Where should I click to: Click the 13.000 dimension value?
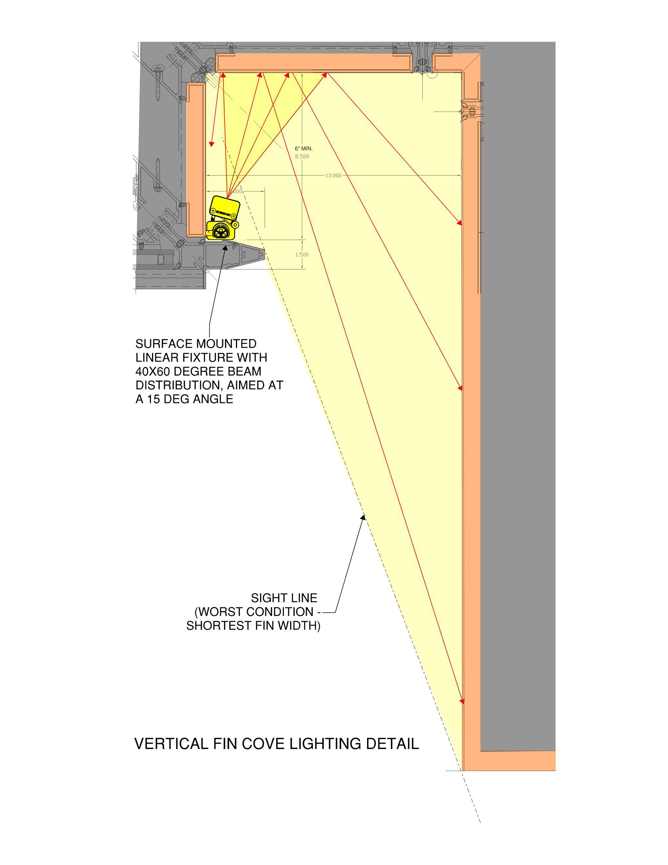click(x=333, y=175)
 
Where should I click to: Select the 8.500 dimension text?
click(x=302, y=156)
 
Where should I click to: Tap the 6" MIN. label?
click(x=304, y=148)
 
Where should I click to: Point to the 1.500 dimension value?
click(x=302, y=255)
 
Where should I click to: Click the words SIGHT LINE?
click(x=284, y=598)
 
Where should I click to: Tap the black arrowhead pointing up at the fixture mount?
click(x=226, y=248)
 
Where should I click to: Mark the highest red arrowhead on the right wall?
click(x=460, y=223)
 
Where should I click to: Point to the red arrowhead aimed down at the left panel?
click(x=211, y=144)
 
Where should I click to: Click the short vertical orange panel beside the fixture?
click(x=196, y=160)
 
